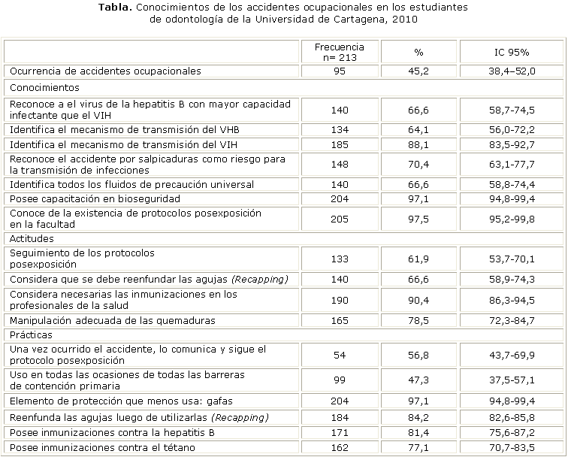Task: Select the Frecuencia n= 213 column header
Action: coord(340,52)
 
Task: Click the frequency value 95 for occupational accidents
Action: coord(340,71)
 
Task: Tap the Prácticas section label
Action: coord(31,335)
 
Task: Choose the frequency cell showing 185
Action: coord(340,144)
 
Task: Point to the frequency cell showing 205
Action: coord(340,218)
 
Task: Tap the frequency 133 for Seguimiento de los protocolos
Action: coord(340,259)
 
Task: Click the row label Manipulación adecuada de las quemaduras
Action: coord(112,321)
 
